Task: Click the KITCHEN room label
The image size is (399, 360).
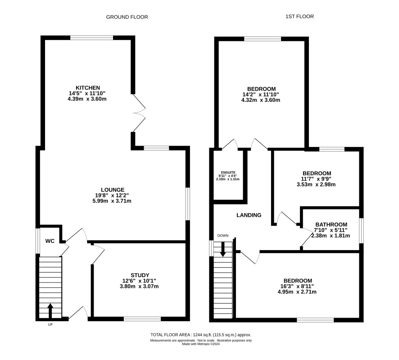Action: coord(88,88)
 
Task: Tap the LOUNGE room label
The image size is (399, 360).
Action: coord(113,190)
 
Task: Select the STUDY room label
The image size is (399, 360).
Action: coord(140,275)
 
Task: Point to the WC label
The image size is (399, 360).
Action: coord(50,241)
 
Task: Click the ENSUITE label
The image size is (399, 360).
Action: coord(228,173)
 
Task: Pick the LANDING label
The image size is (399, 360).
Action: coord(249,215)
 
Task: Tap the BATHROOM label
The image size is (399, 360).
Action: coord(331,224)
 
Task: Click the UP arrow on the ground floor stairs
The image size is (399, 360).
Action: coord(50,310)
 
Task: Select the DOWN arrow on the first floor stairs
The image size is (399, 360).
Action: coord(223,249)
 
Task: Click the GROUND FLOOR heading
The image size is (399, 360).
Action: coord(127,17)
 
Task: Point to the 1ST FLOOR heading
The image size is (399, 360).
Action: coord(299,17)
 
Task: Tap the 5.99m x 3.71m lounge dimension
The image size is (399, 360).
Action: coord(112,201)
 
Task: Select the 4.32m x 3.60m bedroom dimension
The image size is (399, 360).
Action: coord(261,100)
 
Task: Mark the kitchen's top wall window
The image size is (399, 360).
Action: coord(91,38)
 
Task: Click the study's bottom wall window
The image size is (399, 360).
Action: coord(142,319)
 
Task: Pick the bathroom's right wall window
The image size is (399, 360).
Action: coord(361,230)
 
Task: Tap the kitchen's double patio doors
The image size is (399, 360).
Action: coord(139,113)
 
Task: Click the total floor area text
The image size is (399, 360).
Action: coord(201,335)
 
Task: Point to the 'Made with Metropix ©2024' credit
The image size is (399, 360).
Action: coord(201,344)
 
